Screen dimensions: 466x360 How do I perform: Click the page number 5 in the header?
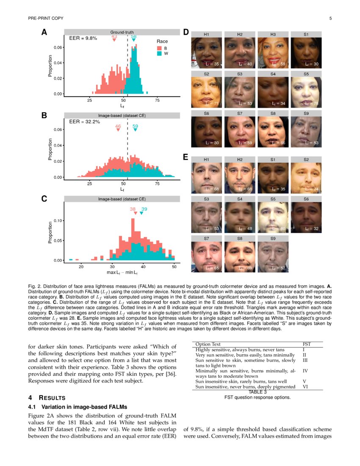(x=330, y=18)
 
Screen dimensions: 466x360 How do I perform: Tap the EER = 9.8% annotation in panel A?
(x=83, y=38)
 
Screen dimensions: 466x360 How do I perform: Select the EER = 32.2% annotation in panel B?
(x=84, y=122)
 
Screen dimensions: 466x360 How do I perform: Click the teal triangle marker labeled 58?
(x=134, y=41)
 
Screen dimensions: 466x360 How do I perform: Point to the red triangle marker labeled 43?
(x=114, y=41)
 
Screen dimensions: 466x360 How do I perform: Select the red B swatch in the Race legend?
(x=159, y=48)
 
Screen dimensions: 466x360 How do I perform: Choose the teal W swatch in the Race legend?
(x=159, y=54)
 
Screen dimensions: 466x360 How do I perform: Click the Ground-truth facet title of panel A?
(x=122, y=32)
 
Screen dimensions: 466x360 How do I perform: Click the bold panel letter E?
(x=185, y=157)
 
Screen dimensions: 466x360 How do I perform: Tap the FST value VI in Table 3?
(x=305, y=387)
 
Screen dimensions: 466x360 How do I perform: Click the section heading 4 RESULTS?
(x=47, y=398)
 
